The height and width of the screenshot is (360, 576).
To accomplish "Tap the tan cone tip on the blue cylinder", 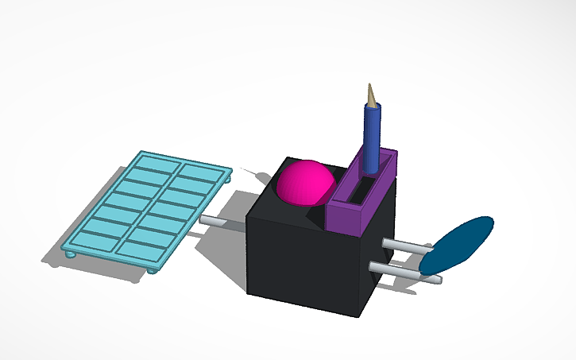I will (x=370, y=94).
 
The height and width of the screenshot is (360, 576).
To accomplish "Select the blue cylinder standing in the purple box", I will (x=371, y=135).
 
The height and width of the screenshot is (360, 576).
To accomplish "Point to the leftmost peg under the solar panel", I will (x=69, y=255).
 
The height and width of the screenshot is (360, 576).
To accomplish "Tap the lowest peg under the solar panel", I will (x=152, y=271).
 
